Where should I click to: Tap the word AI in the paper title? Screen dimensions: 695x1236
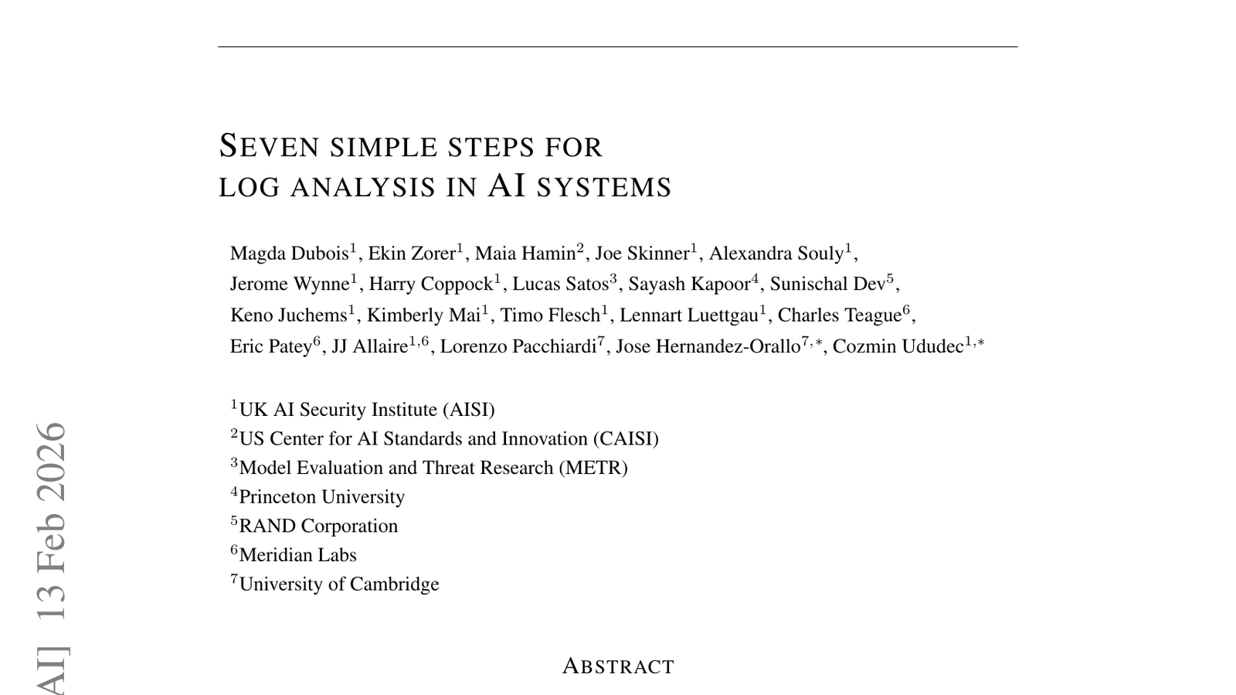pos(507,186)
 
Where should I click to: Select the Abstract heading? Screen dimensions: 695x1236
pos(618,666)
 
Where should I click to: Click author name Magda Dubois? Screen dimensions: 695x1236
pos(290,254)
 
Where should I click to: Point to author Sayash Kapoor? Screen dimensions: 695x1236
pos(689,284)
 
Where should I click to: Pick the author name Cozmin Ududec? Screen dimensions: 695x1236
pos(898,346)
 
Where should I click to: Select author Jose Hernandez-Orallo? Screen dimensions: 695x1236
pos(708,346)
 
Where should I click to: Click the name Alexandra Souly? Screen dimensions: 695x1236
pos(776,254)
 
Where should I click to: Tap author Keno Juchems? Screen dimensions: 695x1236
pos(288,315)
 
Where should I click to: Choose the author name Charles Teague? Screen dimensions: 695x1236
pos(839,315)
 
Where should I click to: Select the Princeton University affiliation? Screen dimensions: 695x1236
pos(321,497)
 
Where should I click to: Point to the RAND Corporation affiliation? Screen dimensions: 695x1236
pos(318,526)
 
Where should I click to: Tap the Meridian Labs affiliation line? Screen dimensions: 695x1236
pos(297,555)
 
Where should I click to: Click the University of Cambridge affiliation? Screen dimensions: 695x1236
pos(339,584)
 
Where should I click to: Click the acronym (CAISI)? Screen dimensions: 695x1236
pos(626,439)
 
